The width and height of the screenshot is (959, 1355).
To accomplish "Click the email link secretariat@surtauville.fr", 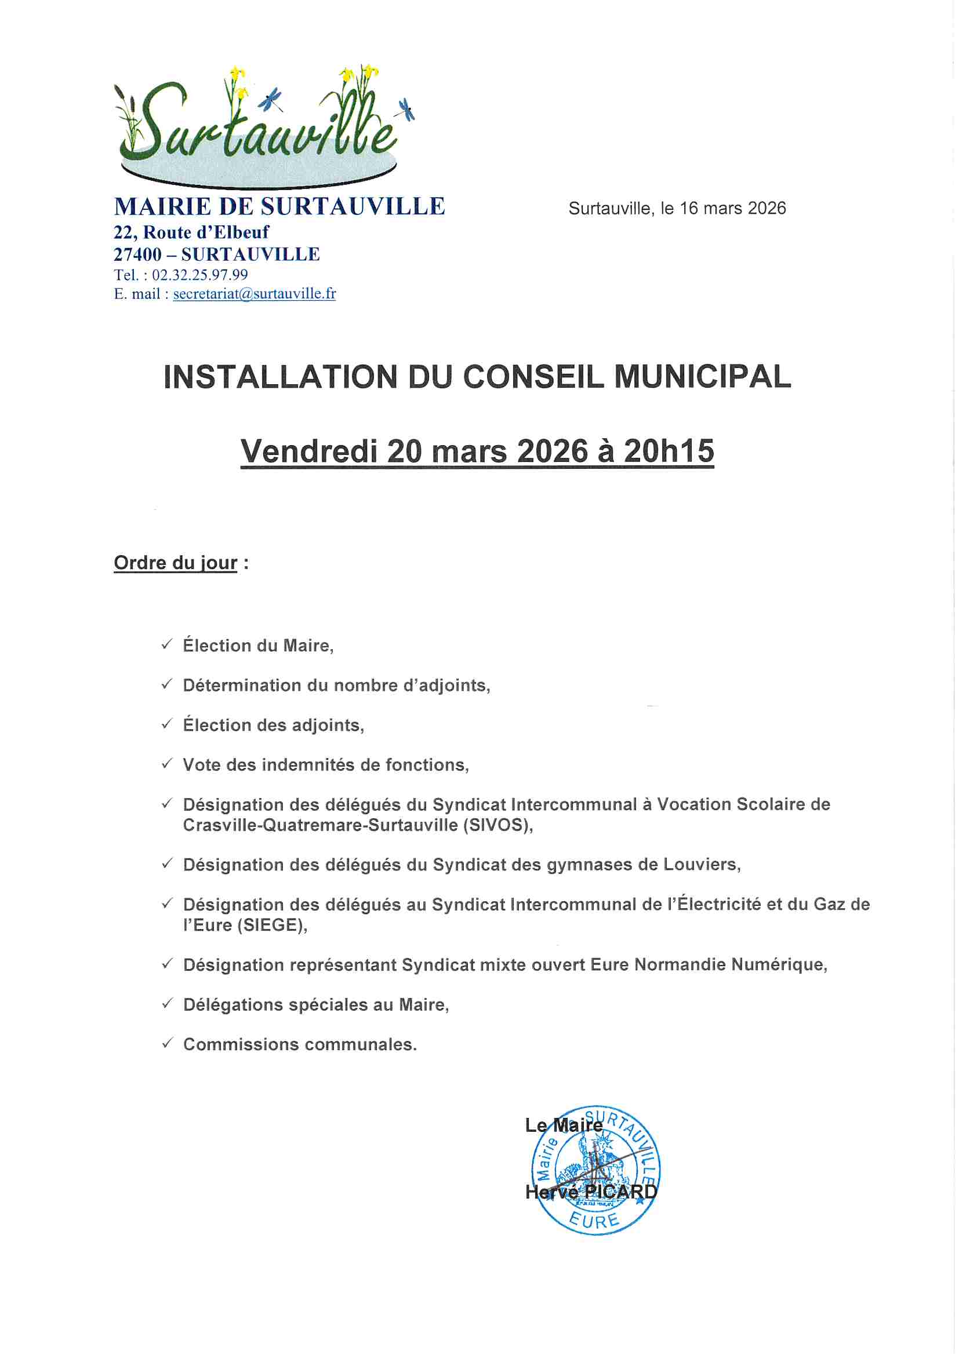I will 255,294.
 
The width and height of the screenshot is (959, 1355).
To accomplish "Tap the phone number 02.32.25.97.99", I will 199,275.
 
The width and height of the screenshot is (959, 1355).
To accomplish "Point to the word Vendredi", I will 309,451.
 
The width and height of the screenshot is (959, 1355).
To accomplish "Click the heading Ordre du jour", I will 175,562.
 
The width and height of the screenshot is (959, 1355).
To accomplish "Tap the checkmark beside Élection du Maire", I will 167,644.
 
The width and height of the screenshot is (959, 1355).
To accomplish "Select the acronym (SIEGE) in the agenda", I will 271,925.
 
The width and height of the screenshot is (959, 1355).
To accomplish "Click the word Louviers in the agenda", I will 701,865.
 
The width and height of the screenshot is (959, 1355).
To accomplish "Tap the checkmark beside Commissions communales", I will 167,1043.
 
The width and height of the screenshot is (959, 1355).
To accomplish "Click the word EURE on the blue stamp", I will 594,1221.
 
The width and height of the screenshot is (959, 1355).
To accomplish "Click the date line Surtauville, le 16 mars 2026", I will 677,208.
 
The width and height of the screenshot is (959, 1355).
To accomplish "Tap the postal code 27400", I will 137,254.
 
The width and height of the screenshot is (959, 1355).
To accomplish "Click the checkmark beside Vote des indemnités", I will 167,764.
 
